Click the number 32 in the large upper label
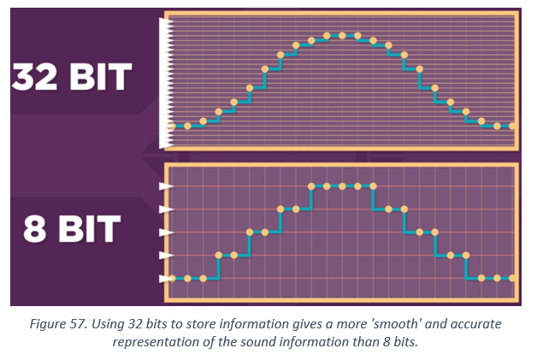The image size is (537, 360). pyautogui.click(x=34, y=77)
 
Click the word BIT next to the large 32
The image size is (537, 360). pyautogui.click(x=100, y=77)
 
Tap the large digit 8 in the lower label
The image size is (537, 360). pyautogui.click(x=34, y=229)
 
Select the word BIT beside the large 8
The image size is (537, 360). pyautogui.click(x=90, y=229)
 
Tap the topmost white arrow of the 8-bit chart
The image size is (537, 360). pyautogui.click(x=166, y=186)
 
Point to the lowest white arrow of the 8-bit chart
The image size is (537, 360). pyautogui.click(x=166, y=279)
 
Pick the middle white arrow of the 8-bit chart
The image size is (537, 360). pyautogui.click(x=166, y=233)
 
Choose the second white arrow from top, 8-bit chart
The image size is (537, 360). pyautogui.click(x=166, y=210)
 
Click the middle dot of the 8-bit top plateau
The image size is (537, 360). pyautogui.click(x=342, y=186)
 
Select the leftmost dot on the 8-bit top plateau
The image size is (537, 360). pyautogui.click(x=311, y=186)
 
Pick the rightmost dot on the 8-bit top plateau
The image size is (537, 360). pyautogui.click(x=374, y=186)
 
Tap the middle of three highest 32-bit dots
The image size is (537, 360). pyautogui.click(x=342, y=36)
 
